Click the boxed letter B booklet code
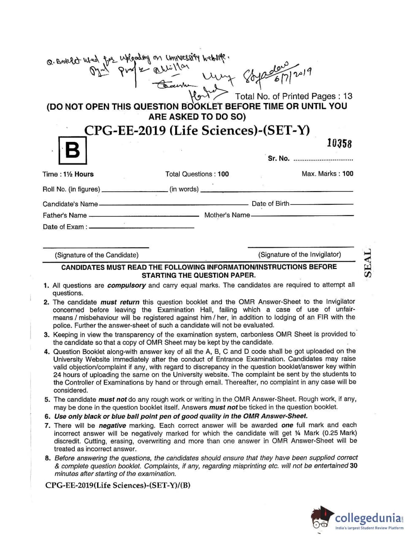click(73, 150)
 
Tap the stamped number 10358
click(339, 143)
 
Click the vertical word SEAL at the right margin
click(368, 263)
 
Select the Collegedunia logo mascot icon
click(322, 518)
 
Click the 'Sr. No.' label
click(278, 159)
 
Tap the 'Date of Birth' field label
click(270, 203)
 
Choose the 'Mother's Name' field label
click(227, 215)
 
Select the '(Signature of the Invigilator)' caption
click(300, 255)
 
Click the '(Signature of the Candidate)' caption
click(97, 255)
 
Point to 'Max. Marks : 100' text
click(327, 173)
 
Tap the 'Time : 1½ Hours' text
click(68, 174)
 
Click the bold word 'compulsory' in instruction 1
click(127, 285)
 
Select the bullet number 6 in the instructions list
click(47, 416)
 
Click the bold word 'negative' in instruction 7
click(112, 425)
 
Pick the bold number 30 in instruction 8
click(354, 466)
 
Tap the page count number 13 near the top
click(348, 96)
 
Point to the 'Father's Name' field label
click(65, 215)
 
